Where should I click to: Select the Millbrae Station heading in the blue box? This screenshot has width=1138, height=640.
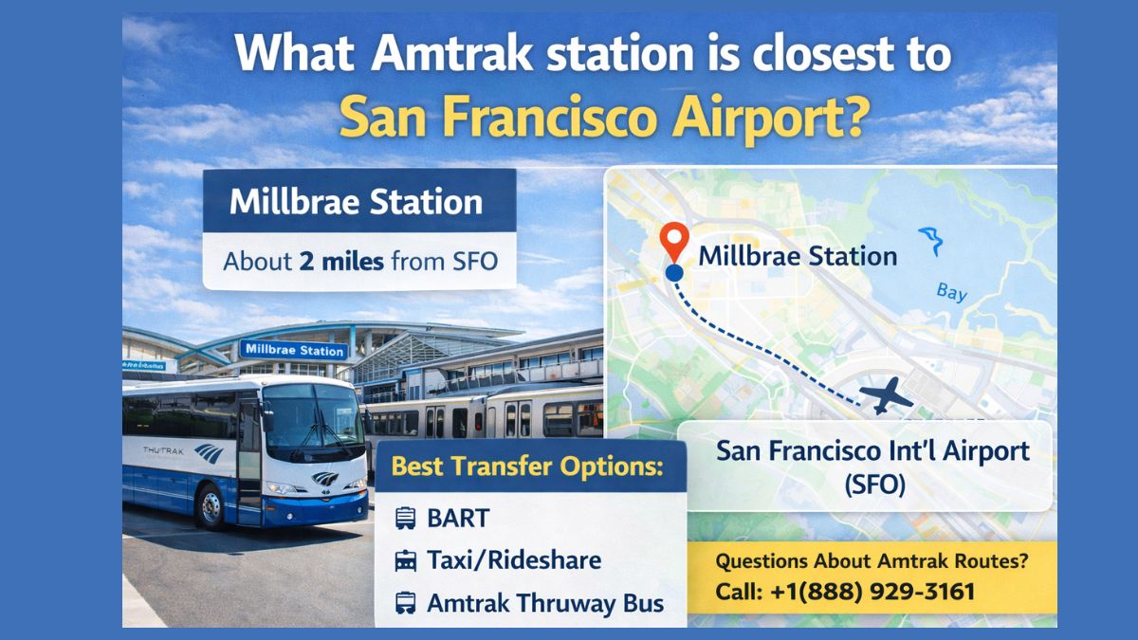[x=357, y=202]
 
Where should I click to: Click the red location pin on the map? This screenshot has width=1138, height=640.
[x=674, y=240]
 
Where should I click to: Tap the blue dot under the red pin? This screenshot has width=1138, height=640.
[x=674, y=273]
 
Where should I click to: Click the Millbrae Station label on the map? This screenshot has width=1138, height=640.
[x=798, y=256]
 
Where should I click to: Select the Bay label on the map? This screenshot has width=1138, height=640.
[x=951, y=292]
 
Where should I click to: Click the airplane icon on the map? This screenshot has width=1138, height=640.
[x=885, y=395]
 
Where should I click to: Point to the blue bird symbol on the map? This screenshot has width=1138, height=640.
[x=931, y=240]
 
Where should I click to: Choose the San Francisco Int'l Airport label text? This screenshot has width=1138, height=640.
[x=873, y=450]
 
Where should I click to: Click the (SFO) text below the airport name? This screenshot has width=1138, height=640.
[x=873, y=485]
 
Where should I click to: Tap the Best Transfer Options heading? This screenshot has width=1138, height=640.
[x=526, y=466]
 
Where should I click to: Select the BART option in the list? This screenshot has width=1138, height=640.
[x=458, y=518]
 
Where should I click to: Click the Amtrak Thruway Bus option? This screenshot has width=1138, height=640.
[x=544, y=603]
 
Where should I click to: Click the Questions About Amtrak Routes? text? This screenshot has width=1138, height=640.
[x=871, y=561]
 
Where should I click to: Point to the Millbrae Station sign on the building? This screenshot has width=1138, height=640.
[x=294, y=350]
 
